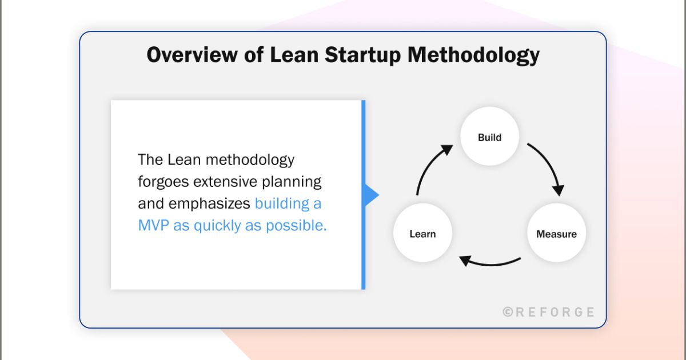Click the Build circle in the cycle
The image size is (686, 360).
coord(489,137)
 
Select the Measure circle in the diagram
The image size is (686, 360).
coord(556,234)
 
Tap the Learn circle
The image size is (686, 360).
coord(422,234)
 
